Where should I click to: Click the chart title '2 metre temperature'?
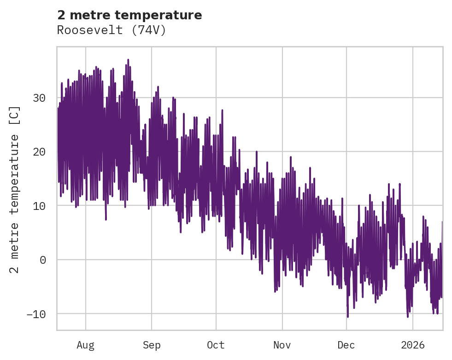129,15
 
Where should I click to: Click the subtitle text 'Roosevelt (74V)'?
111,30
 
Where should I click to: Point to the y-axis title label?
15,189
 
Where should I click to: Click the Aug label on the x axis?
85,345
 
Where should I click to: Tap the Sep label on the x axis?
151,345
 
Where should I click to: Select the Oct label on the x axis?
216,345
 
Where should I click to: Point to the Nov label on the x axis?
282,345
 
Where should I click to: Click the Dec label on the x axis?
346,345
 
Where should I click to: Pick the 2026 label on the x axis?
412,345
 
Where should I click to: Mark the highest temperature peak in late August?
128,60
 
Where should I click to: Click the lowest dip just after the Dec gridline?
348,316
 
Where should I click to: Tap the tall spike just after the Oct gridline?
222,110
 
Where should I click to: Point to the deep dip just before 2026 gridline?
407,316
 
